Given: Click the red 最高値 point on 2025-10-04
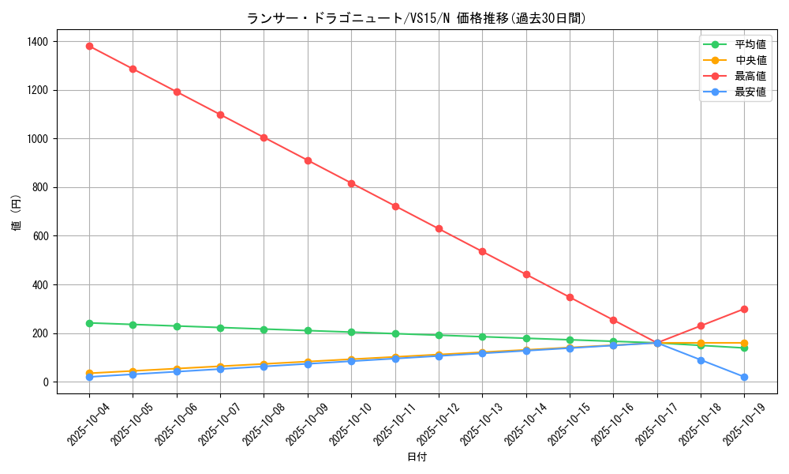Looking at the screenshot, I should click(89, 46).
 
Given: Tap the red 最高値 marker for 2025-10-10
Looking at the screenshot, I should click(351, 183).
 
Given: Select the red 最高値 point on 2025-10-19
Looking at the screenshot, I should click(744, 309).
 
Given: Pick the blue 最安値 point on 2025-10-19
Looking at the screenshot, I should click(744, 377).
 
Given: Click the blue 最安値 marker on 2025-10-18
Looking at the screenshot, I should click(701, 360).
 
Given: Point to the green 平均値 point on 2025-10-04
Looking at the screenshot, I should click(89, 323).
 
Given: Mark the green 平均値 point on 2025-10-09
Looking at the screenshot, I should click(308, 330).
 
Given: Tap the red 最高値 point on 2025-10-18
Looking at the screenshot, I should click(701, 325).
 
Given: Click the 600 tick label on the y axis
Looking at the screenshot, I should click(41, 236).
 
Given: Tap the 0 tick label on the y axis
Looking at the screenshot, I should click(46, 382).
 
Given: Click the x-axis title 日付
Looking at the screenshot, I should click(417, 457).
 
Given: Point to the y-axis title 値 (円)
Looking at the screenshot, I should click(17, 213).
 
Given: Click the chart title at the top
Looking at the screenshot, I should click(417, 18).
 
